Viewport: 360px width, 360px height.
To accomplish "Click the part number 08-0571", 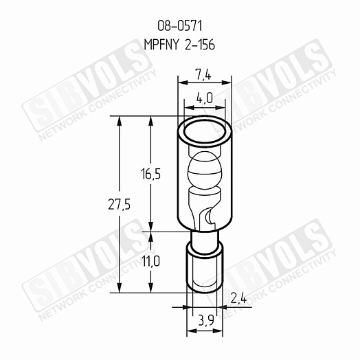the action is point(179,25).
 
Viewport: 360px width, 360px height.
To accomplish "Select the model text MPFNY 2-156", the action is point(179,45).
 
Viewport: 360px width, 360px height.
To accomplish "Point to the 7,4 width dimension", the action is point(203,76).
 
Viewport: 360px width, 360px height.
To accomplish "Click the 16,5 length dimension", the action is point(150,174).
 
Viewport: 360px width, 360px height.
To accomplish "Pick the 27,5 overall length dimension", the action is point(119,204).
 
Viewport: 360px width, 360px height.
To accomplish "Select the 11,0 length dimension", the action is point(150,261).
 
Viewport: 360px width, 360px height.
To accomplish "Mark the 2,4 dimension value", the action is point(238,299).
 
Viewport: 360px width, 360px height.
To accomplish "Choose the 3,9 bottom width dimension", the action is point(205,320).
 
